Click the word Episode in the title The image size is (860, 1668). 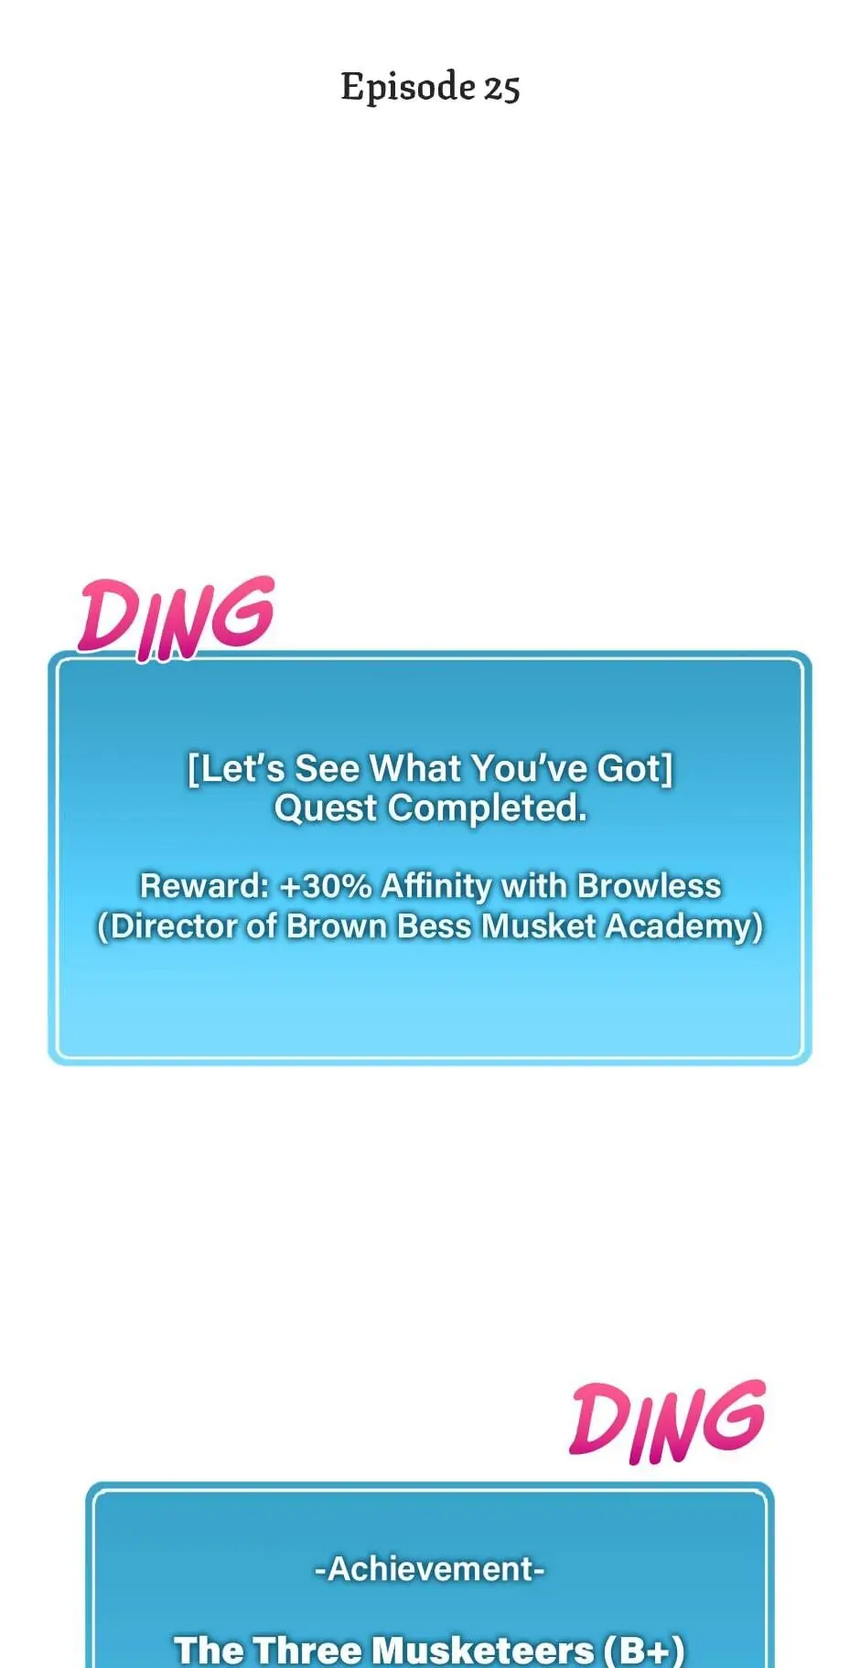tap(408, 88)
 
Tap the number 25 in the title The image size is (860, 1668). tap(502, 89)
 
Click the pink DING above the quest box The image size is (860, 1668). tap(176, 618)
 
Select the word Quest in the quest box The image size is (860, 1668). tap(326, 807)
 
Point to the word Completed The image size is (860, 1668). tap(487, 807)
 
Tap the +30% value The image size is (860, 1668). tap(326, 885)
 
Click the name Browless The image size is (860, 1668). tap(650, 885)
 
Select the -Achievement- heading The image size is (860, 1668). tap(430, 1568)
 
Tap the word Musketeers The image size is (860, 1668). tap(484, 1650)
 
